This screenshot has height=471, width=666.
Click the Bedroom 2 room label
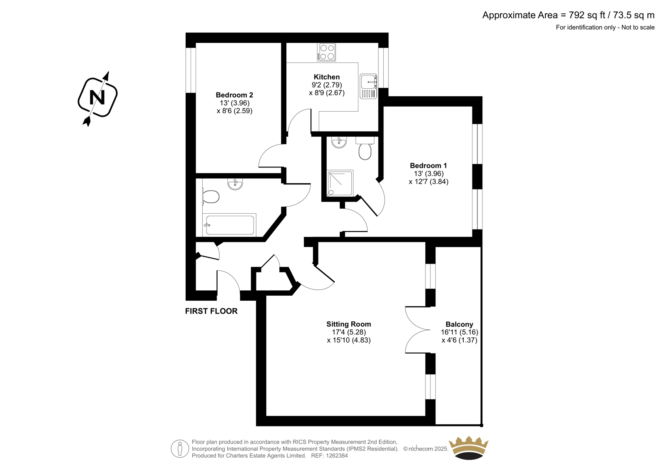click(x=234, y=95)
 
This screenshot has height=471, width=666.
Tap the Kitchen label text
click(x=327, y=77)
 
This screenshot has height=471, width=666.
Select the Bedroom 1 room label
click(x=428, y=166)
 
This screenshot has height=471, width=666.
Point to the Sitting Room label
click(x=348, y=324)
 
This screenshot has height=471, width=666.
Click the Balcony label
click(x=459, y=324)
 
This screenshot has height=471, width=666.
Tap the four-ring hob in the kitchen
click(x=327, y=52)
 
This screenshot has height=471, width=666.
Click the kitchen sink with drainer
click(x=368, y=86)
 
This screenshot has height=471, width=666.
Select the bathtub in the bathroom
click(x=230, y=225)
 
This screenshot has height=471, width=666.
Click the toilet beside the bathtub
click(x=211, y=197)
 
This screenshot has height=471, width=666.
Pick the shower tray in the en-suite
click(x=340, y=183)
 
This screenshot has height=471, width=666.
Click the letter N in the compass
click(x=97, y=98)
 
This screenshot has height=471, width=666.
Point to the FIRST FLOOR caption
click(x=211, y=311)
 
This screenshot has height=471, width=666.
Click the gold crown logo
click(x=469, y=448)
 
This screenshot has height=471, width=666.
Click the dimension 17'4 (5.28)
click(x=348, y=332)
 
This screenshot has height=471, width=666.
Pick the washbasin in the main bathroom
click(x=235, y=184)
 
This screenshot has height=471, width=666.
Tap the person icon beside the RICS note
click(x=180, y=449)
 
